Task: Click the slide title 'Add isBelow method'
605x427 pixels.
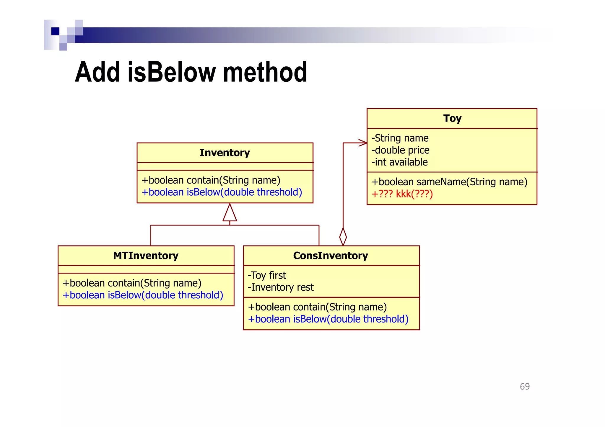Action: pos(191,72)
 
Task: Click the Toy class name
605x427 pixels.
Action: pos(452,118)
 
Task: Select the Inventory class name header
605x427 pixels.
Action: pos(225,153)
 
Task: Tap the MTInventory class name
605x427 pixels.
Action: pos(146,256)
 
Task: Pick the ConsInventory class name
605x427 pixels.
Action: pos(331,256)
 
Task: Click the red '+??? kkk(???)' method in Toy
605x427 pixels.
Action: pos(402,194)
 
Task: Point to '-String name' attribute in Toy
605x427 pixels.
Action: pos(400,138)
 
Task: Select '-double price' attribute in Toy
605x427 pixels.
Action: pos(401,150)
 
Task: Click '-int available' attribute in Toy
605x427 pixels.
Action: pos(400,162)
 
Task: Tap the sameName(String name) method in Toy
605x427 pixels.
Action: pos(449,182)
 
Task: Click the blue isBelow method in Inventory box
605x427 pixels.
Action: pos(222,192)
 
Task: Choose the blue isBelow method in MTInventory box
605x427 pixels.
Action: pos(143,295)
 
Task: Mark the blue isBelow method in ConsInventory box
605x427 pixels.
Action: pos(328,319)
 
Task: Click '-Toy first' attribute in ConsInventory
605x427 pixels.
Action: pos(267,275)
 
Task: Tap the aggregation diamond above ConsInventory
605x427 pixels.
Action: pos(343,236)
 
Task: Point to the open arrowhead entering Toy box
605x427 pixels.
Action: pos(363,143)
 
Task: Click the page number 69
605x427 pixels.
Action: pos(525,387)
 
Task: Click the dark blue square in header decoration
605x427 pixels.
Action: pos(55,31)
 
